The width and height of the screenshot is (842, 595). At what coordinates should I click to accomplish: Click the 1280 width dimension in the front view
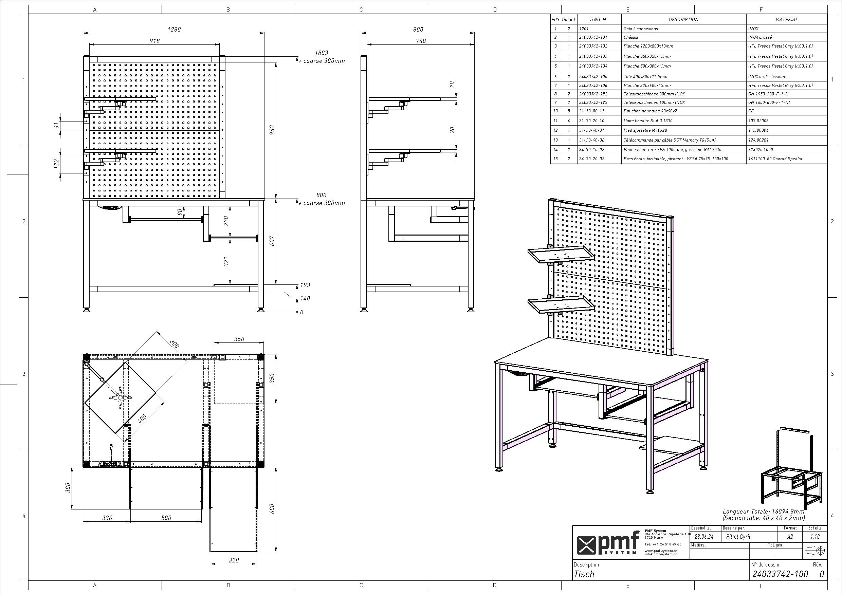(x=174, y=29)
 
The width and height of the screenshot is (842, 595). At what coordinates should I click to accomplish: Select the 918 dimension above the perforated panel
(x=155, y=41)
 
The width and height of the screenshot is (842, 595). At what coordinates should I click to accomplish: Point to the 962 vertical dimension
(x=272, y=130)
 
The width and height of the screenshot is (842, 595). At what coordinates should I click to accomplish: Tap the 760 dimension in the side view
(x=421, y=41)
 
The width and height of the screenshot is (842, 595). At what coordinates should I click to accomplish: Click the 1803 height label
(x=321, y=53)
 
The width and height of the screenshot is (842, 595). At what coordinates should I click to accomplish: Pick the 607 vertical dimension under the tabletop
(x=272, y=241)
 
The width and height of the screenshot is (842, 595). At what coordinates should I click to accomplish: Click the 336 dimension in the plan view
(x=107, y=518)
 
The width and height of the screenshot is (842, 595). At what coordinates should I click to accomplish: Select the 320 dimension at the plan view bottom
(x=234, y=560)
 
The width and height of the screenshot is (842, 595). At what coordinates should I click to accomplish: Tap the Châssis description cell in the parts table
(x=631, y=37)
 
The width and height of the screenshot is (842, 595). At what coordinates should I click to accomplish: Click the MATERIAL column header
(x=787, y=19)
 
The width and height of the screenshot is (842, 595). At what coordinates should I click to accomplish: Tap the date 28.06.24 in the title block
(x=701, y=537)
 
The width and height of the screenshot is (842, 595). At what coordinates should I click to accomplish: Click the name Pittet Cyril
(x=738, y=537)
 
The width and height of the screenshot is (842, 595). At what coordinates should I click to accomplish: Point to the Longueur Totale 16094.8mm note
(x=764, y=512)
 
